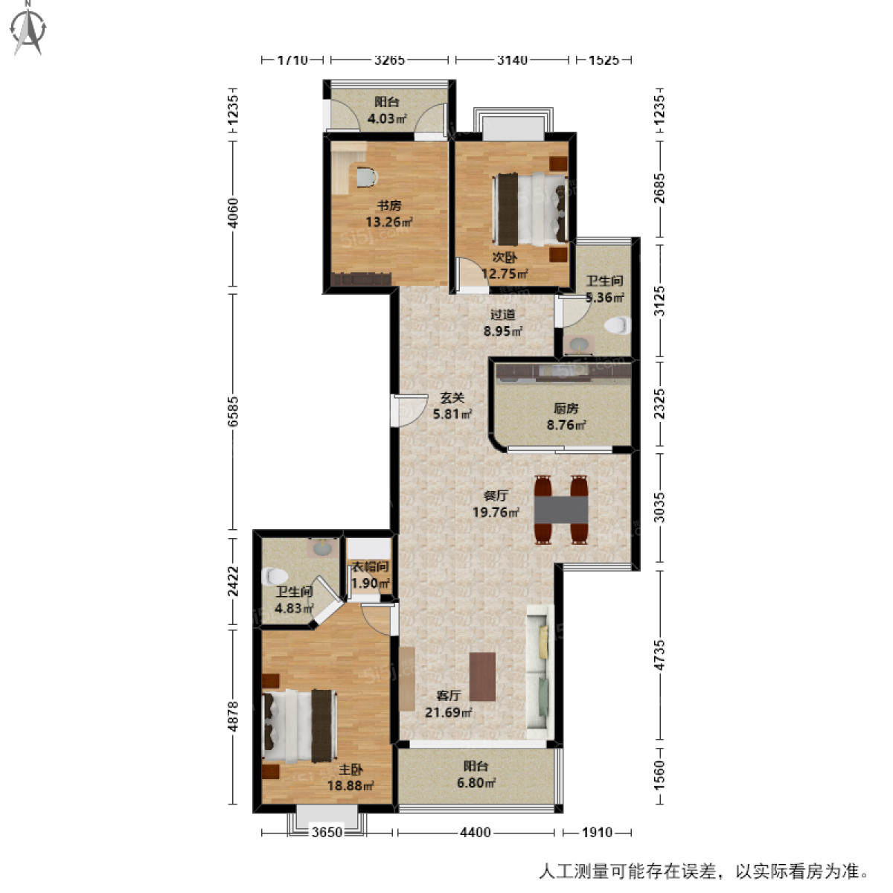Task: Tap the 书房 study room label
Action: point(388,205)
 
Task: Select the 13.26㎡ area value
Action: point(388,222)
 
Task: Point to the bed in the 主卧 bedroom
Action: point(298,726)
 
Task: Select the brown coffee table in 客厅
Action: point(482,676)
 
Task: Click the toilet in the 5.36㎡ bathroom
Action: point(618,325)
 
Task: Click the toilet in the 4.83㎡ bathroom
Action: point(275,576)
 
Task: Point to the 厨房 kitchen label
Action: point(566,409)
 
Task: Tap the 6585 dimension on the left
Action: point(234,411)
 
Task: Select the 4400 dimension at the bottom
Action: point(475,832)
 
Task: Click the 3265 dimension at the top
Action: point(388,60)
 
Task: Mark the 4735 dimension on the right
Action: point(659,655)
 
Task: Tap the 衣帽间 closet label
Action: point(369,567)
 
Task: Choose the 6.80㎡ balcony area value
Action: point(476,783)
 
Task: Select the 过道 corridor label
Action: point(503,315)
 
